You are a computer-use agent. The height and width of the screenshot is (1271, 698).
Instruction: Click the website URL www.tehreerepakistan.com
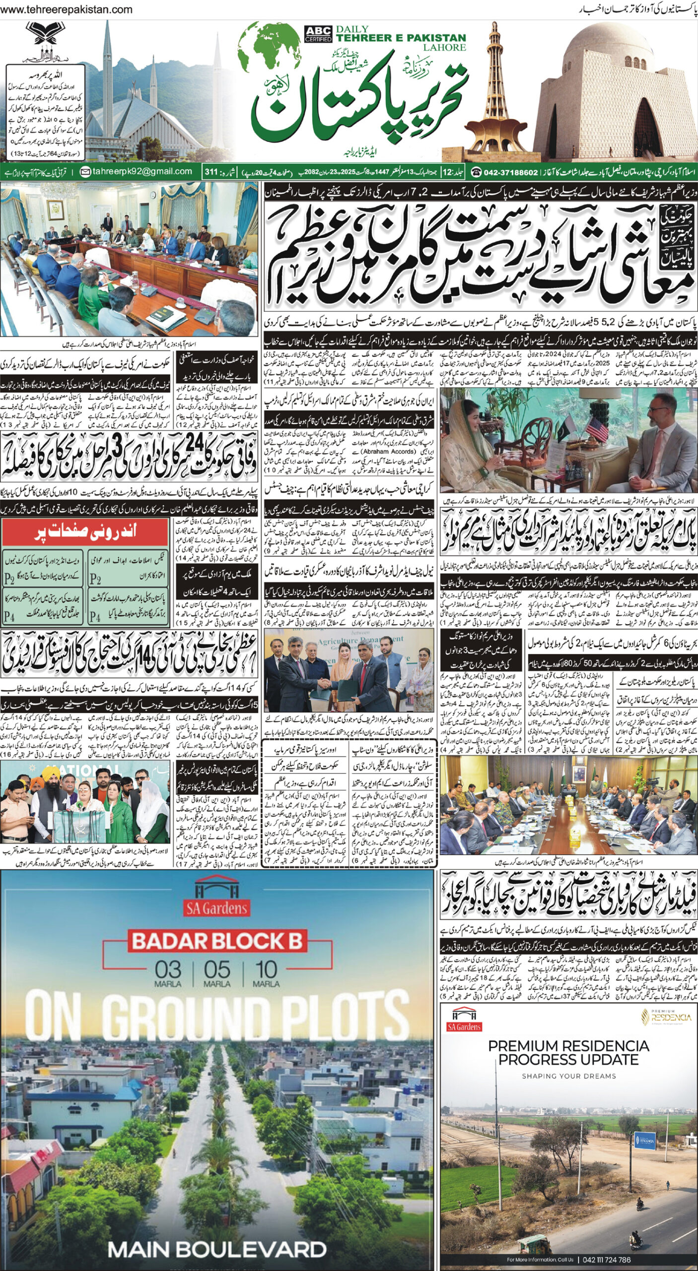(x=67, y=9)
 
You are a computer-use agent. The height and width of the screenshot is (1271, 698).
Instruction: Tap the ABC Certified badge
(x=318, y=34)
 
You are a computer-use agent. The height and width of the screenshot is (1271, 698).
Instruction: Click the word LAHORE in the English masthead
(x=444, y=47)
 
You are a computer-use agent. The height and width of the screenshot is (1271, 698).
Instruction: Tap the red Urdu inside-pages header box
(x=86, y=532)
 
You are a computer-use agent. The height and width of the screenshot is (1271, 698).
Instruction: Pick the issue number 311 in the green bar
(x=211, y=172)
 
